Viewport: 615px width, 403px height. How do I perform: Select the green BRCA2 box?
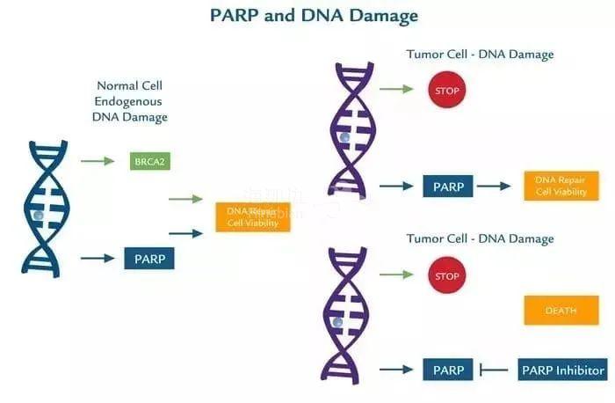point(149,161)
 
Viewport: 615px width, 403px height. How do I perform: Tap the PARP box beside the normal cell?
point(149,258)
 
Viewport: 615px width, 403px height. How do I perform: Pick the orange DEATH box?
point(561,310)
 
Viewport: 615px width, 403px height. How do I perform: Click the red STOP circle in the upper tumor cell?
point(447,90)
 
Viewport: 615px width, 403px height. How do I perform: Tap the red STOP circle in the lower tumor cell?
point(447,275)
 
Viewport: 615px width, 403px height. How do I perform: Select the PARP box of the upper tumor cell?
point(448,187)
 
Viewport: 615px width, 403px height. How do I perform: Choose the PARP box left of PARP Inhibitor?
point(448,370)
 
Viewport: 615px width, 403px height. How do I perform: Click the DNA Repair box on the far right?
point(561,186)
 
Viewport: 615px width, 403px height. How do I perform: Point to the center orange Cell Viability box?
point(252,216)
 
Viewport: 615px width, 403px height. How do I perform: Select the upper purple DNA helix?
point(351,127)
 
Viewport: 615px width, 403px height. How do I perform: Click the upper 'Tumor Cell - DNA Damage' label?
point(480,55)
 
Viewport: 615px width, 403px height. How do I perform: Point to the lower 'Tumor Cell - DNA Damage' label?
point(480,239)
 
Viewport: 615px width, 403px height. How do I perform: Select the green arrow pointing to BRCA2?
point(98,161)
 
